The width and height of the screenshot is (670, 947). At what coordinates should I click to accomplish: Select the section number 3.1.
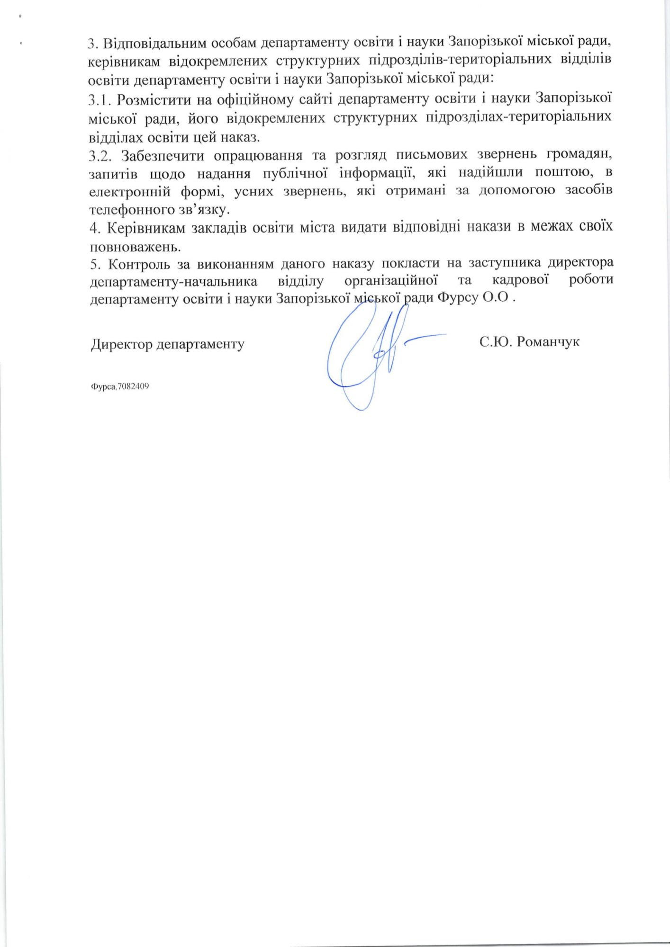[x=99, y=100]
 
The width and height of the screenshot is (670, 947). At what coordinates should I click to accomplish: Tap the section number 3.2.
[x=100, y=155]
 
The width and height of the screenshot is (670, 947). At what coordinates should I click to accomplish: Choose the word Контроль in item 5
[x=139, y=263]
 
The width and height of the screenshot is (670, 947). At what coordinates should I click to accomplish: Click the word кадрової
[x=520, y=280]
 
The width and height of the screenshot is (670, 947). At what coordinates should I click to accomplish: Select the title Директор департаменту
[x=167, y=344]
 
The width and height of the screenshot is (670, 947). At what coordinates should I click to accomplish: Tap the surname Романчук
[x=548, y=341]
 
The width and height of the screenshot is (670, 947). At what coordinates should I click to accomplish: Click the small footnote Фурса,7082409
[x=120, y=386]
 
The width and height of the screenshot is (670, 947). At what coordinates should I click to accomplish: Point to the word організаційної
[x=390, y=280]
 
